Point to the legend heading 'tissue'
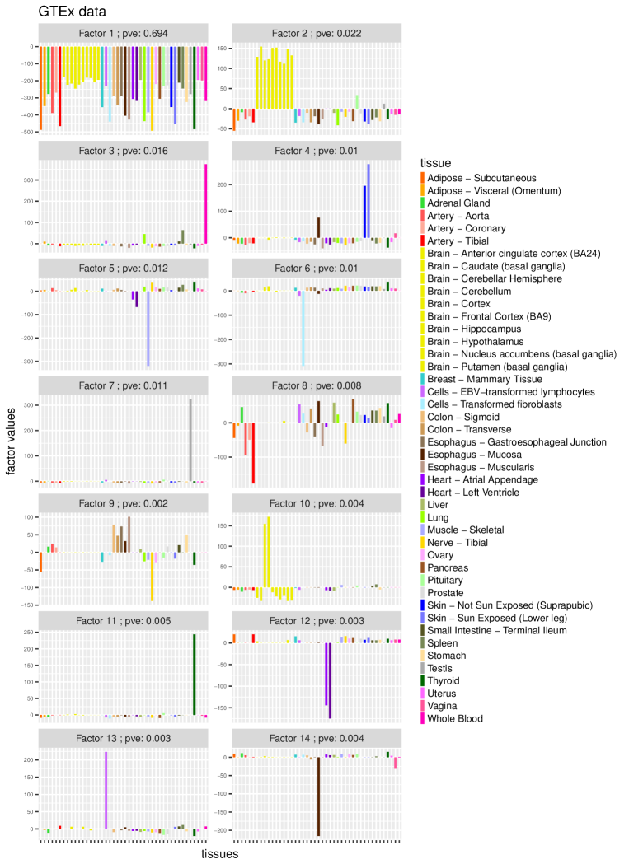pyautogui.click(x=435, y=163)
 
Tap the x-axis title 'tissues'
pyautogui.click(x=220, y=855)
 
